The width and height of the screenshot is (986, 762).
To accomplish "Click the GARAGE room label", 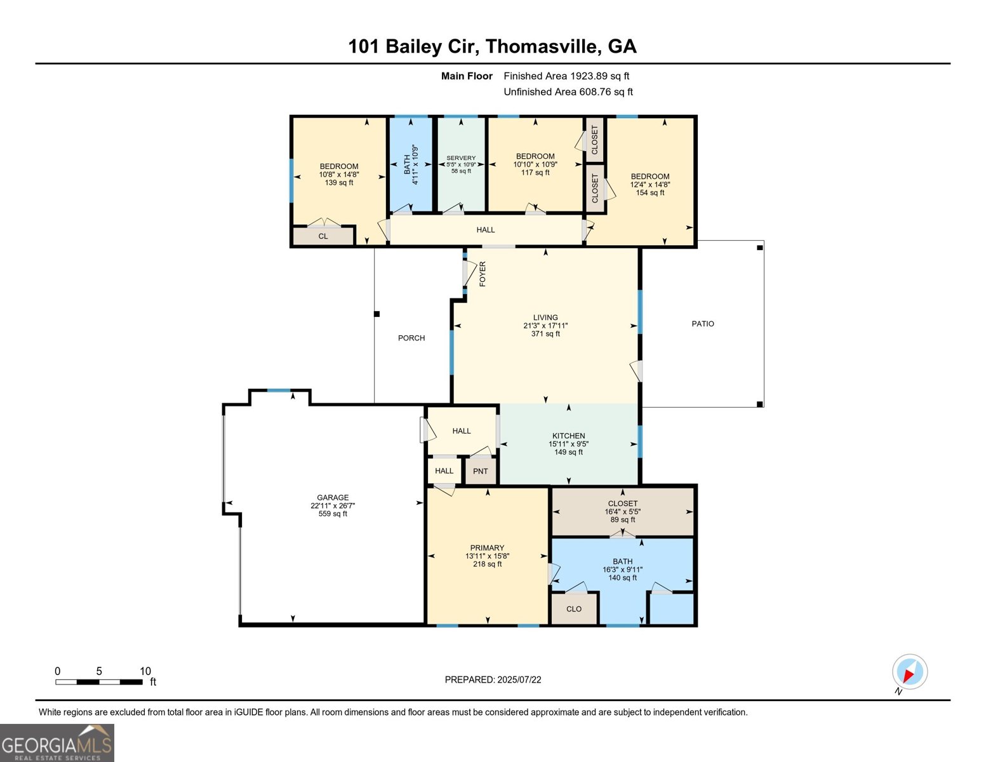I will pos(333,498).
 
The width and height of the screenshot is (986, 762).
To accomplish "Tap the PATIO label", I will pos(703,324).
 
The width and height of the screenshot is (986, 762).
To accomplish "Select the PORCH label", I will pos(411,338).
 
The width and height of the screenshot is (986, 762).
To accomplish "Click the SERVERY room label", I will pos(461,158).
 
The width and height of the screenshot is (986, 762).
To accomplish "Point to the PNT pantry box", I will pos(481,471).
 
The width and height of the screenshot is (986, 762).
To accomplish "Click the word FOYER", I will pos(483,274).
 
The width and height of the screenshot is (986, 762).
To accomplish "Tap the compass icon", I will pos(910,672).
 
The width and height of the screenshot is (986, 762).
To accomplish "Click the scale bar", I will pos(98,682).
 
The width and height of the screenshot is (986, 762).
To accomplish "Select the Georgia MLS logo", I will pos(57,743).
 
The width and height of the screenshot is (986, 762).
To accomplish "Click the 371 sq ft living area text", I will pos(545,334).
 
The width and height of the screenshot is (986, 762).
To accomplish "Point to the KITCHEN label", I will pos(568,436).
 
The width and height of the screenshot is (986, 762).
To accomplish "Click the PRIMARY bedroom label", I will pos(487,548).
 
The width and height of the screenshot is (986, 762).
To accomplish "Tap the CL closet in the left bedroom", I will pos(323,236).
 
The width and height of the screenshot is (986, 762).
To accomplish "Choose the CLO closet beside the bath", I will pos(574,609).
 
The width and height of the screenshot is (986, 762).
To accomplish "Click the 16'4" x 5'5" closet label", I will pos(622,511).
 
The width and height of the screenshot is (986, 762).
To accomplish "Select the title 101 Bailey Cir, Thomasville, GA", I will pos(492,46).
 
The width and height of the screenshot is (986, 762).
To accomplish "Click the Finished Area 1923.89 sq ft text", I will pos(566,76).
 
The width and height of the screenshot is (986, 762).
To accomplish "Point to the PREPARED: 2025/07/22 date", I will pos(493,679).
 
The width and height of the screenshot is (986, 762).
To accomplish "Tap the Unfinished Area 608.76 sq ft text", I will pos(568,92).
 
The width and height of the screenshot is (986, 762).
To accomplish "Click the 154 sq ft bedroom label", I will pos(650,193).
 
